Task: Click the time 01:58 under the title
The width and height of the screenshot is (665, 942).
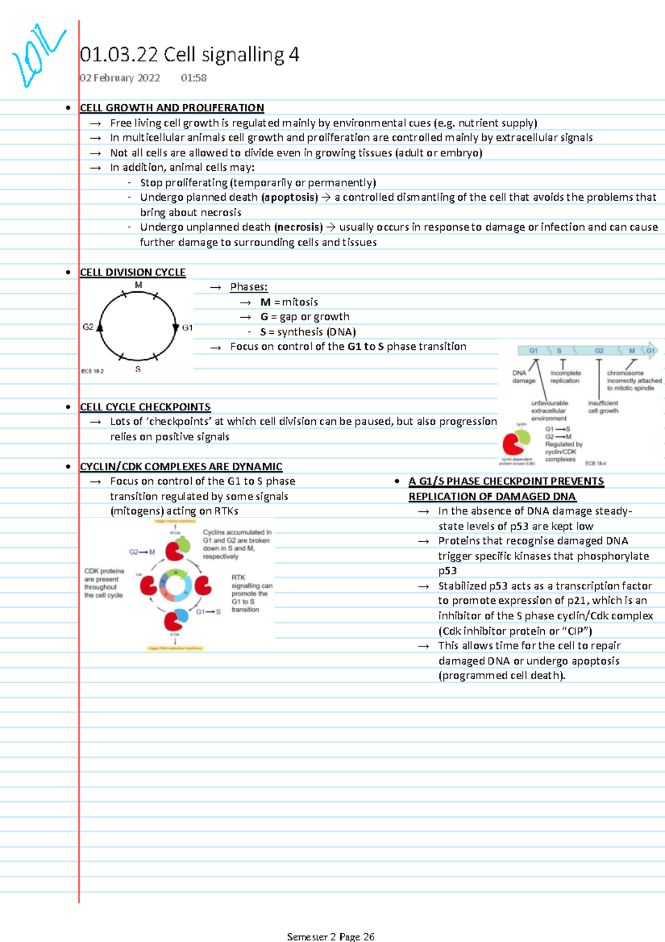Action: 193,78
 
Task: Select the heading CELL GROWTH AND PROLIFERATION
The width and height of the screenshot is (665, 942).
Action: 172,108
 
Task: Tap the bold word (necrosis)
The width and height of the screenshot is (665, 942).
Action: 299,227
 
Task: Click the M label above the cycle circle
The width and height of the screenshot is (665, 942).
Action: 139,285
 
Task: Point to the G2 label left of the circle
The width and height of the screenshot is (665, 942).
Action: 88,327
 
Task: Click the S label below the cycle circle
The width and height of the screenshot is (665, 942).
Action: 138,369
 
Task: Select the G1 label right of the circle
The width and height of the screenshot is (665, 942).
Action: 187,328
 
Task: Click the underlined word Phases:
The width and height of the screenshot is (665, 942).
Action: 249,287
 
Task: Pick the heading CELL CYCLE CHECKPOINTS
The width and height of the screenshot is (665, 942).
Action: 145,407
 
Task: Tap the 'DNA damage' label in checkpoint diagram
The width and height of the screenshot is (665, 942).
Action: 523,377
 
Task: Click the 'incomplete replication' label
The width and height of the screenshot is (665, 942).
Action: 565,377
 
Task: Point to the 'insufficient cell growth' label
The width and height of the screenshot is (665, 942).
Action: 603,407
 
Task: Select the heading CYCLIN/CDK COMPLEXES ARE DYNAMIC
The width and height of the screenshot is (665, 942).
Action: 181,467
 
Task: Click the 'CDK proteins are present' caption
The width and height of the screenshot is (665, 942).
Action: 104,583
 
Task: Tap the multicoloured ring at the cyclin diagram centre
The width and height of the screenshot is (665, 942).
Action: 176,585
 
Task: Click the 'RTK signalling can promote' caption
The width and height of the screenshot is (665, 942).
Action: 252,593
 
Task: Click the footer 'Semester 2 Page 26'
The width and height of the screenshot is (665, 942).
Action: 331,936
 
